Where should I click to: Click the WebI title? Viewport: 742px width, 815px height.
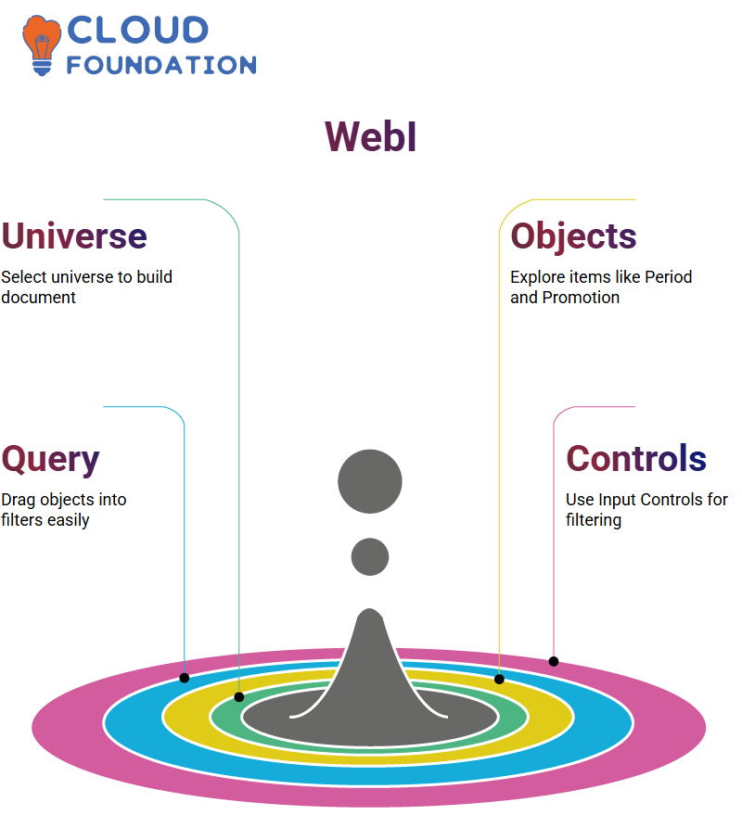[x=370, y=136]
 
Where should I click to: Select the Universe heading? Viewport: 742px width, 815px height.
[x=74, y=236]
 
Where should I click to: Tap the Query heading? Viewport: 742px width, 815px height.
[x=50, y=460]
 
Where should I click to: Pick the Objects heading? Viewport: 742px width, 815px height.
[x=573, y=237]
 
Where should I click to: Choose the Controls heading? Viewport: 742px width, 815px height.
[x=636, y=458]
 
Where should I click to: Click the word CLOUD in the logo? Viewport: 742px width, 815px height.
[x=138, y=30]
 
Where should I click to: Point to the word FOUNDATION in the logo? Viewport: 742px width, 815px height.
[x=161, y=65]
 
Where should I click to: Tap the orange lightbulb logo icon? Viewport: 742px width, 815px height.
[x=42, y=45]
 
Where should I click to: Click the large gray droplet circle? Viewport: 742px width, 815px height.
[x=370, y=481]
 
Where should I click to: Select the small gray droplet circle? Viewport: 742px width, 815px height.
[x=370, y=556]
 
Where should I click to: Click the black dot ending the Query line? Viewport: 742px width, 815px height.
[x=184, y=678]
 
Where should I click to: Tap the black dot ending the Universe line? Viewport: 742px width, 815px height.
[x=239, y=697]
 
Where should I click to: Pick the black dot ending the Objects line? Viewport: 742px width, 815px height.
[x=499, y=679]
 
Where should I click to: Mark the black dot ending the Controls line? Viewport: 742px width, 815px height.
[x=554, y=661]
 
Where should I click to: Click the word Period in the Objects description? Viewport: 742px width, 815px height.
[x=668, y=277]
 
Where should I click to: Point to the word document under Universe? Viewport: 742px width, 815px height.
[x=38, y=298]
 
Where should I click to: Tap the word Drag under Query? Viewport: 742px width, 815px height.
[x=19, y=501]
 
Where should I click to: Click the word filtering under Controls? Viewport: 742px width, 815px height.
[x=594, y=521]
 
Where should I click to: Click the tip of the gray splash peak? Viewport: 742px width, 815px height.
[x=370, y=608]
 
